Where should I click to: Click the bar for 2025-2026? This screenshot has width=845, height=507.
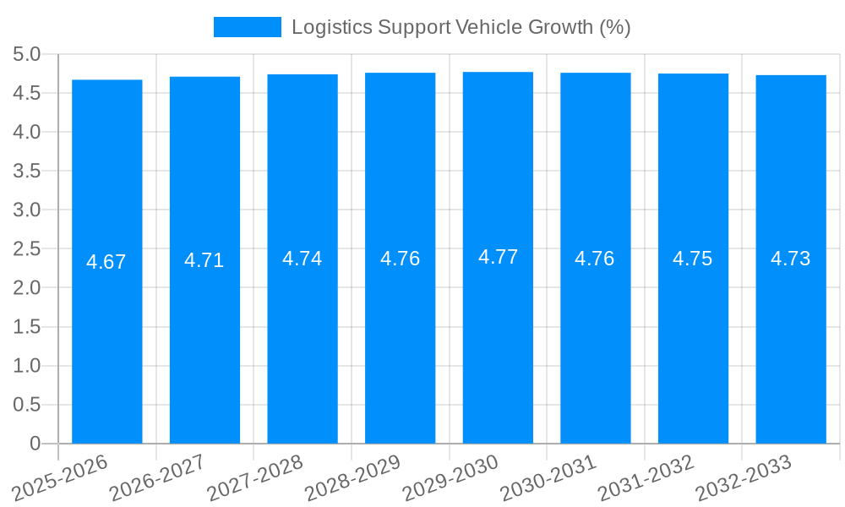106,338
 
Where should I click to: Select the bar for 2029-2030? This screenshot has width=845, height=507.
498,338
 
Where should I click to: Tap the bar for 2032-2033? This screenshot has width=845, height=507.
791,338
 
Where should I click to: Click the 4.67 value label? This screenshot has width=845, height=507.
106,262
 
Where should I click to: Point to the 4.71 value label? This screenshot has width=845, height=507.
204,260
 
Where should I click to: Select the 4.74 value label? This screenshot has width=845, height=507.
303,259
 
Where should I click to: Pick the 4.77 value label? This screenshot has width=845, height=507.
498,257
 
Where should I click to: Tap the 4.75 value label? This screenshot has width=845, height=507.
693,259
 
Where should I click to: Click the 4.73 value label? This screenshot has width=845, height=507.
791,259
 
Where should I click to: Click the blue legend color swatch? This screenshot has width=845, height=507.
247,27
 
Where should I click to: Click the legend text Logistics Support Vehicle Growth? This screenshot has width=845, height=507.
461,27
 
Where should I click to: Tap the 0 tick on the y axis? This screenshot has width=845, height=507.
35,444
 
